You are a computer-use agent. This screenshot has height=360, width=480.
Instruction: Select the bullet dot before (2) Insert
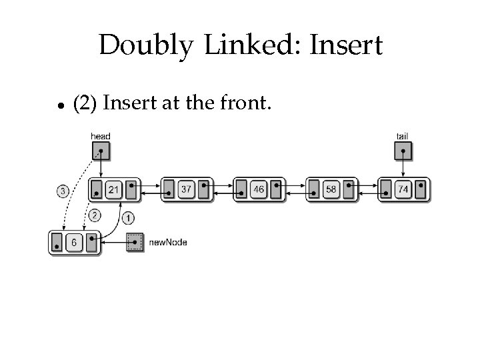59,105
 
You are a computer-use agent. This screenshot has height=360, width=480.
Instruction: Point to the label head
100,137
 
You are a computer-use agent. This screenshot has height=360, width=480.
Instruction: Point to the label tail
403,137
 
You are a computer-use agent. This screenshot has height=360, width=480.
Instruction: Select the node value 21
114,190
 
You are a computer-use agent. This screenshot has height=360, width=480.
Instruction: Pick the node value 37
186,190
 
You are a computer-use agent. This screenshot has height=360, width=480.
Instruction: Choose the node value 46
259,190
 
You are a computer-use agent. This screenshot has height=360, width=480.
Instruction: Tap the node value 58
331,190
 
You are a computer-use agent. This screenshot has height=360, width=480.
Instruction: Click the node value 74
403,190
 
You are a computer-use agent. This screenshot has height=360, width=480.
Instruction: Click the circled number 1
129,217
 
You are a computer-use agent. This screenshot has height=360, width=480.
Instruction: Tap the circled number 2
94,215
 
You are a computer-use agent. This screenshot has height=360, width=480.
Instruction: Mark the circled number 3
62,191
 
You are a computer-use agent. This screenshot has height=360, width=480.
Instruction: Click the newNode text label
168,243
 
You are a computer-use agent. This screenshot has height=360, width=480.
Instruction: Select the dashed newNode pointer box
135,243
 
